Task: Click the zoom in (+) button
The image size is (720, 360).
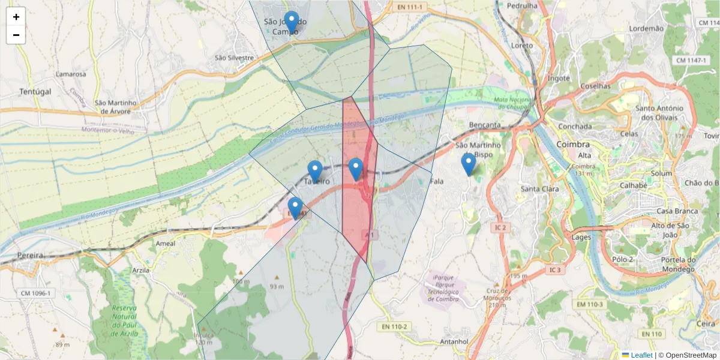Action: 16,17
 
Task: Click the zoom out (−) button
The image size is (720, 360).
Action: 16,35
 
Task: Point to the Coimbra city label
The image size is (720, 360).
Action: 572,145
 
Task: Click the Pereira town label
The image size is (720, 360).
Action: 31,255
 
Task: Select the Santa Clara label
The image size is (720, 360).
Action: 540,189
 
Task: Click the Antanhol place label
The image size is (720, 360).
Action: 454,341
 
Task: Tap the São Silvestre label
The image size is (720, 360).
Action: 235,58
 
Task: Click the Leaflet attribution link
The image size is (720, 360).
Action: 641,355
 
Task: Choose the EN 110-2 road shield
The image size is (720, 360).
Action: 394,327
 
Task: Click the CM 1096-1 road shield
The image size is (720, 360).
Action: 35,293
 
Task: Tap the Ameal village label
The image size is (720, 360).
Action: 165,244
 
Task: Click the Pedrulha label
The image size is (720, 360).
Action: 522,5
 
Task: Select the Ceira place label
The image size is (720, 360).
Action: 706,323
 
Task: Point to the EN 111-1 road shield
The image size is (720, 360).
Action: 410,7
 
